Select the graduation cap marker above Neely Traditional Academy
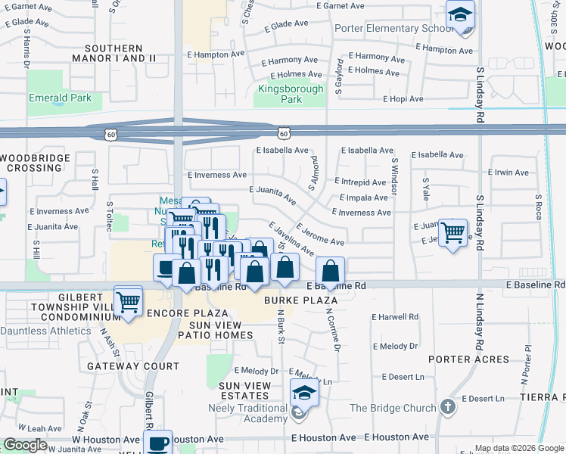point(304,393)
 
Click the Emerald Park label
point(60,98)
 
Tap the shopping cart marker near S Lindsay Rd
point(452,232)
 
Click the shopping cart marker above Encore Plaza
point(129,302)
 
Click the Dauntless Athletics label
point(45,331)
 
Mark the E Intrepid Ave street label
point(360,182)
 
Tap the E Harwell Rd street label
point(395,317)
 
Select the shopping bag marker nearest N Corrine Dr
point(331,271)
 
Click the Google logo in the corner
point(25,445)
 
